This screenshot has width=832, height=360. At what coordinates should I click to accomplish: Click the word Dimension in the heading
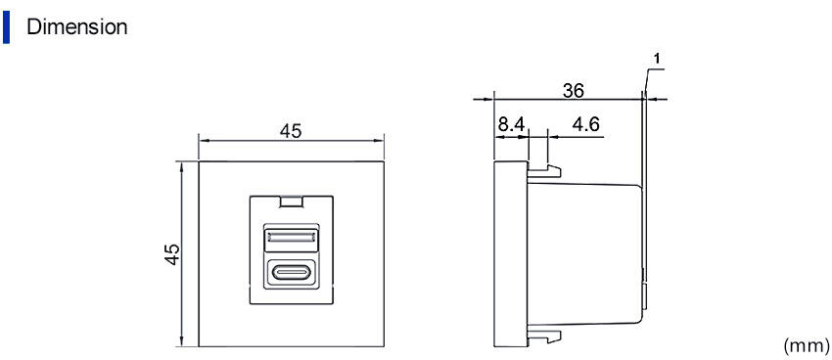coord(77,26)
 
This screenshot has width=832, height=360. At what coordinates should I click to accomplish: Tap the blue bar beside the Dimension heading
coord(6,27)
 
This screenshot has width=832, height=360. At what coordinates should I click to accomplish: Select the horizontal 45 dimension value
coord(291,130)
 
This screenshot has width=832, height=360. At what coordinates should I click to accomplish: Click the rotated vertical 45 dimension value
coord(172,254)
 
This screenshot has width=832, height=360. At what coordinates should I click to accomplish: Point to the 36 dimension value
coord(573,91)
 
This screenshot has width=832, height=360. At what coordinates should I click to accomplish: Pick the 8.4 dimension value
coord(511,125)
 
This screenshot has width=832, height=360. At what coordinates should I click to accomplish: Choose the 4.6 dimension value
coord(585,125)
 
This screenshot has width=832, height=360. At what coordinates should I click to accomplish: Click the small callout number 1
coord(657,59)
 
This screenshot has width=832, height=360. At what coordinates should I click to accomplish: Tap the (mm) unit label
coord(806,345)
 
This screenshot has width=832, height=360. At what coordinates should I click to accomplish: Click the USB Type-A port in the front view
coord(292,238)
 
